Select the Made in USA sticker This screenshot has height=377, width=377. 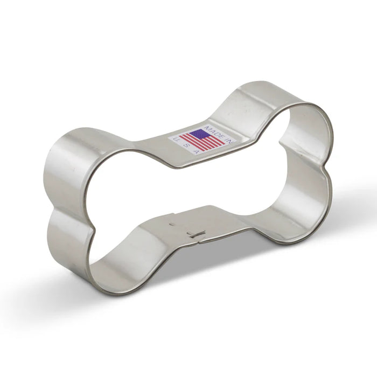[x=202, y=138]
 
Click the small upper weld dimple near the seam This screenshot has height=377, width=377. [x=172, y=220]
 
